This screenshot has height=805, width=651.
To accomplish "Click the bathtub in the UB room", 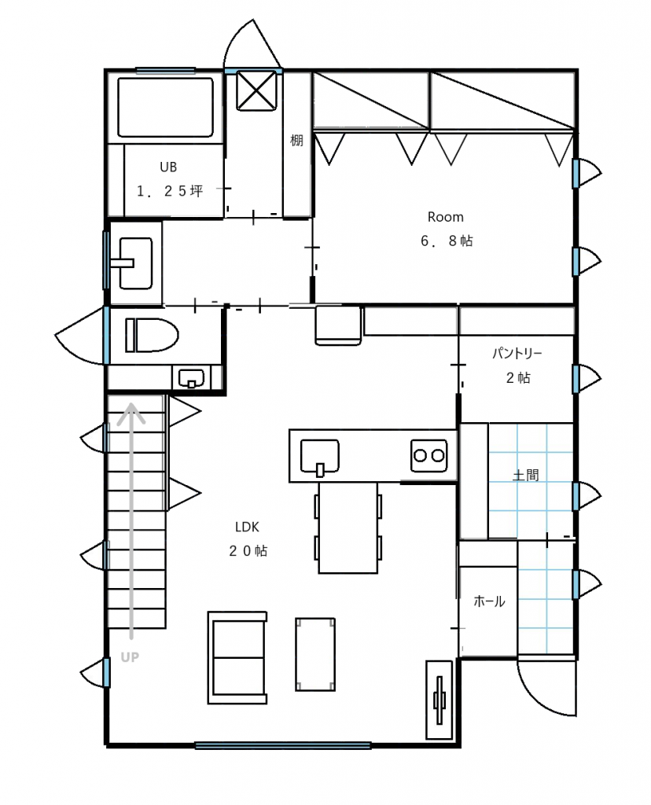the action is point(165,107).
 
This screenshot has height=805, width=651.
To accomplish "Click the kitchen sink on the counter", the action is point(319,456).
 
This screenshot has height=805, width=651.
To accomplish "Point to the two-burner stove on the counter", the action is point(428,455).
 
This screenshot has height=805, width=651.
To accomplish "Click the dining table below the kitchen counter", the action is point(348,527).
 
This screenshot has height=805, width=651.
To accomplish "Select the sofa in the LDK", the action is point(237,657).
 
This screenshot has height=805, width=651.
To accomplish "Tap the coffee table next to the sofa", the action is point(315,655).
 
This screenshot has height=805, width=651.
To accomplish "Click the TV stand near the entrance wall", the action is point(440,700).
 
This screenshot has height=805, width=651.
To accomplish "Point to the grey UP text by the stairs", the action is point(130,657).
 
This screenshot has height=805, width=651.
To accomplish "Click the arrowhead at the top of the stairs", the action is point(131,413).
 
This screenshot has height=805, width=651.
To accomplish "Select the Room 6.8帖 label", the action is point(446,229).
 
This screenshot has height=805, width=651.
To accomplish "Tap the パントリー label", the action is point(517,353).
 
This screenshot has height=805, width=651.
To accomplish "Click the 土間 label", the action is point(526,476).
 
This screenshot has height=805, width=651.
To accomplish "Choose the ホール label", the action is point(489,601).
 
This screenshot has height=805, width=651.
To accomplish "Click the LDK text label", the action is point(248,527).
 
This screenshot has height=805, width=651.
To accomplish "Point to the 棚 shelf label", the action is point(296,140).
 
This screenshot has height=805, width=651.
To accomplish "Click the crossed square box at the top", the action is point(256,90).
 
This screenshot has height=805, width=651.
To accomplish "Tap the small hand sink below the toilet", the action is point(191,379).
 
